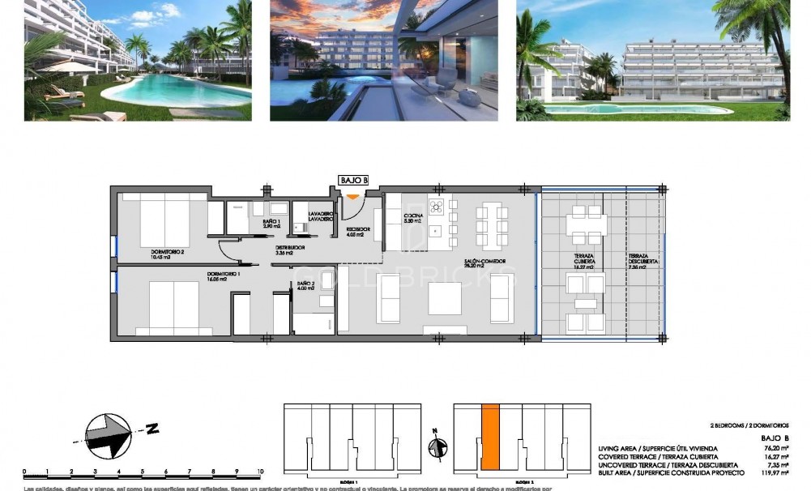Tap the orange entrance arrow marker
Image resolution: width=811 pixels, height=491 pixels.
[353, 195]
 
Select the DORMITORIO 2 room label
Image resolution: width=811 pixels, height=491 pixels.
[168, 253]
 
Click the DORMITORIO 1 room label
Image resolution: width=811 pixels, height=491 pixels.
[224, 276]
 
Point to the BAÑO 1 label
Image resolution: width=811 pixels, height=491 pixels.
[271, 223]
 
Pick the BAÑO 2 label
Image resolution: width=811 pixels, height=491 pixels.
[305, 285]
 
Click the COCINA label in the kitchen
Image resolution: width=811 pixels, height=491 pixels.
[413, 217]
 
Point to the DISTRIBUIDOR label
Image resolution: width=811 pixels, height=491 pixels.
[289, 249]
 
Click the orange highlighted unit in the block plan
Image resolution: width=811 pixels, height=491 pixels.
[489, 438]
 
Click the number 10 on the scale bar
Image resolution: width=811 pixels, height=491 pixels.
[260, 471]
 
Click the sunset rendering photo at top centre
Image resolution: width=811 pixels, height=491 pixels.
[383, 60]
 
